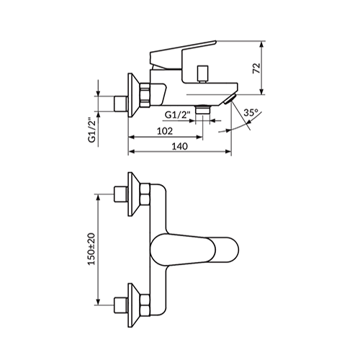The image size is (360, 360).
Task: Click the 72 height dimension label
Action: pos(256,68)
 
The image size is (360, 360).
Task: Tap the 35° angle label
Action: pos(251,112)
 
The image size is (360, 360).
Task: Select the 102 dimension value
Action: pos(165,131)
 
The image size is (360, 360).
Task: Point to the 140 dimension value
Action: pos(180,145)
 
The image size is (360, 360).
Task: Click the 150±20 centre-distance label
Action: pos(92,249)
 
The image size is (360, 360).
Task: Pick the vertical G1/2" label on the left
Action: pos(92,130)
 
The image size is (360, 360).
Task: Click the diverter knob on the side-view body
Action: pos(201,73)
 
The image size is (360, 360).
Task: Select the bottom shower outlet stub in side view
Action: pos(203,109)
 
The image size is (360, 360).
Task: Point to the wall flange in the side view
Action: pos(133,95)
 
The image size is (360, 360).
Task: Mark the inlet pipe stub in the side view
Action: pos(120,104)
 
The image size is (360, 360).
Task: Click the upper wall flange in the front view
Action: pos(134,194)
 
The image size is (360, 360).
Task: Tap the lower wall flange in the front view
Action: pos(134,305)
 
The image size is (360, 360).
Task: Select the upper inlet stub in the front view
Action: pos(121,194)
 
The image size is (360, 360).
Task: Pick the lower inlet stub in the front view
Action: pos(121,305)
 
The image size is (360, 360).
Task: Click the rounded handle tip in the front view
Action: pos(227,250)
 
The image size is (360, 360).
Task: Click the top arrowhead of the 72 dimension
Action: pos(262,44)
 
